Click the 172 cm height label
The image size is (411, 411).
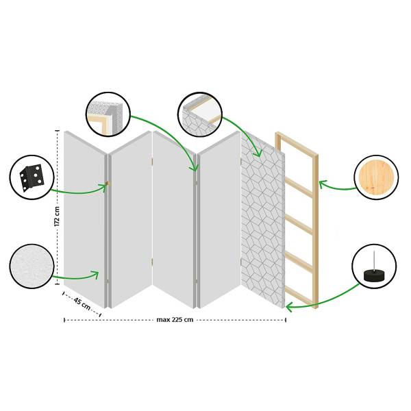coord(57,216)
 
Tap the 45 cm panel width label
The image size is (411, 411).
coord(82,304)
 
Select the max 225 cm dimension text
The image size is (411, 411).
coord(175,320)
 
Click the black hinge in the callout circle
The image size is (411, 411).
coord(32,178)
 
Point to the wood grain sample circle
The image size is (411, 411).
coord(376,177)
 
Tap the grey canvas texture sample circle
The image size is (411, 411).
coord(32,266)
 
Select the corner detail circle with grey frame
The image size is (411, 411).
coord(108,114)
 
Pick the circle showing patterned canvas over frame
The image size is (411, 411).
coord(200,114)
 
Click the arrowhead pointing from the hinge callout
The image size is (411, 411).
coord(104,186)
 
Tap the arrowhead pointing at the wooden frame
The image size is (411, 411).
coord(323,184)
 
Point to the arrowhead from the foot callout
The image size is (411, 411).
coord(288,307)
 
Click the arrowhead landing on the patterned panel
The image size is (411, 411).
coord(258,153)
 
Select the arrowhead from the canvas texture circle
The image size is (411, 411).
coord(95,275)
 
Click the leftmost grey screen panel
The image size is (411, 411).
coord(84,219)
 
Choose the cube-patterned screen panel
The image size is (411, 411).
coord(263,219)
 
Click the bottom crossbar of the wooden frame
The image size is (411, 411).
coord(299,296)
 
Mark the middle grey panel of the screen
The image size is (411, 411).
coord(173,219)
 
